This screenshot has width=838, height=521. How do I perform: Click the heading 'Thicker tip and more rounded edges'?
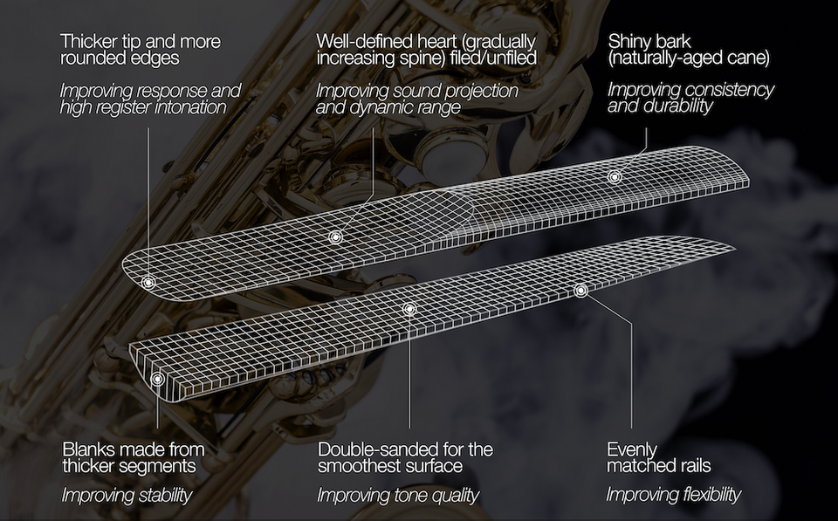coord(140,49)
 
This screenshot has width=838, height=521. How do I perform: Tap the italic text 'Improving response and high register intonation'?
coord(150,99)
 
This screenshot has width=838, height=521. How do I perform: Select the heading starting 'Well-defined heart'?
coord(426,49)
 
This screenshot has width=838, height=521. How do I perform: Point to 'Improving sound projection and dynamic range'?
coord(417,99)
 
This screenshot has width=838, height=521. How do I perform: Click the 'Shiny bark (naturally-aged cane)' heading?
coord(689,49)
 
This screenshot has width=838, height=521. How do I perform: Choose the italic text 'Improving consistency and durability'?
coord(690,98)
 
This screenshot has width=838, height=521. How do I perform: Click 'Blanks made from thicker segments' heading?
coord(133,457)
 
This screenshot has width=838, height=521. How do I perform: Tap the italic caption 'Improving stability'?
coord(127,496)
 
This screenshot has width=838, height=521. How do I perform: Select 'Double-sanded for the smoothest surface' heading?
coord(405,457)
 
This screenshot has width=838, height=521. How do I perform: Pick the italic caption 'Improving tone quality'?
coord(398,496)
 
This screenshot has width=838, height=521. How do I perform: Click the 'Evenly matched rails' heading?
coord(659,457)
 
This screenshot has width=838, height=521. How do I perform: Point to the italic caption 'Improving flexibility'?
coord(673,495)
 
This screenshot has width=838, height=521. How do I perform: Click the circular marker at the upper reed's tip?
coord(148,282)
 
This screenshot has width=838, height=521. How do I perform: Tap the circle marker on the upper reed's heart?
coord(335,237)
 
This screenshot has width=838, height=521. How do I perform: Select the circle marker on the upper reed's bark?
coord(615,176)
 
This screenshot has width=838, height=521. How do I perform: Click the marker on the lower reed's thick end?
coord(157,379)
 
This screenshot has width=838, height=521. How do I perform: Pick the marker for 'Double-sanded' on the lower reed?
coord(409,309)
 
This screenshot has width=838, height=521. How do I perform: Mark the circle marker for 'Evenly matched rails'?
coord(581,291)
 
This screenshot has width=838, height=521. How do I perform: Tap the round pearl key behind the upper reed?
coord(450,151)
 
